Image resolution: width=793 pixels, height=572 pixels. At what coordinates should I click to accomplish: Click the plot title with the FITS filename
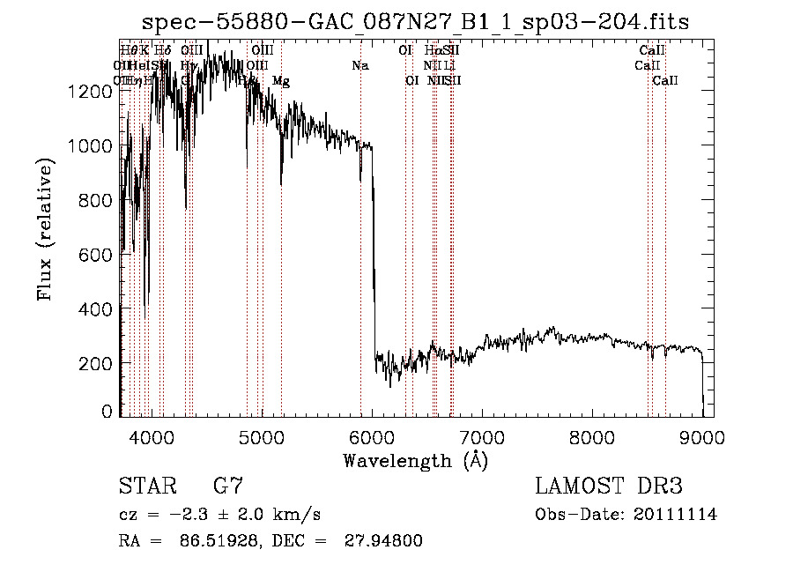418,21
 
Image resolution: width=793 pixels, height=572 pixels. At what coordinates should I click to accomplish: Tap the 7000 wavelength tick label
481,435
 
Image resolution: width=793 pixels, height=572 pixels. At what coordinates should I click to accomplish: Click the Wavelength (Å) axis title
415,460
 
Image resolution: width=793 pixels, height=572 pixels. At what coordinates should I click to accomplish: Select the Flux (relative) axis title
46,228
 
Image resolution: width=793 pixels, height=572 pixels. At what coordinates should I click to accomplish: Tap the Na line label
359,65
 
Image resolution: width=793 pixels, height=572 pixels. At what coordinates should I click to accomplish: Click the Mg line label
281,81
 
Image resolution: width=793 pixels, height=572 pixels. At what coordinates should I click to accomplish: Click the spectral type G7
227,487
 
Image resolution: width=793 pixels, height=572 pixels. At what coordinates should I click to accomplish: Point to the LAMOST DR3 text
608,487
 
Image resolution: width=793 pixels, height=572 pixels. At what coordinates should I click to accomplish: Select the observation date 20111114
677,515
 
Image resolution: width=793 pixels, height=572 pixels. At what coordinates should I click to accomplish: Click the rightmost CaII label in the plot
665,81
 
